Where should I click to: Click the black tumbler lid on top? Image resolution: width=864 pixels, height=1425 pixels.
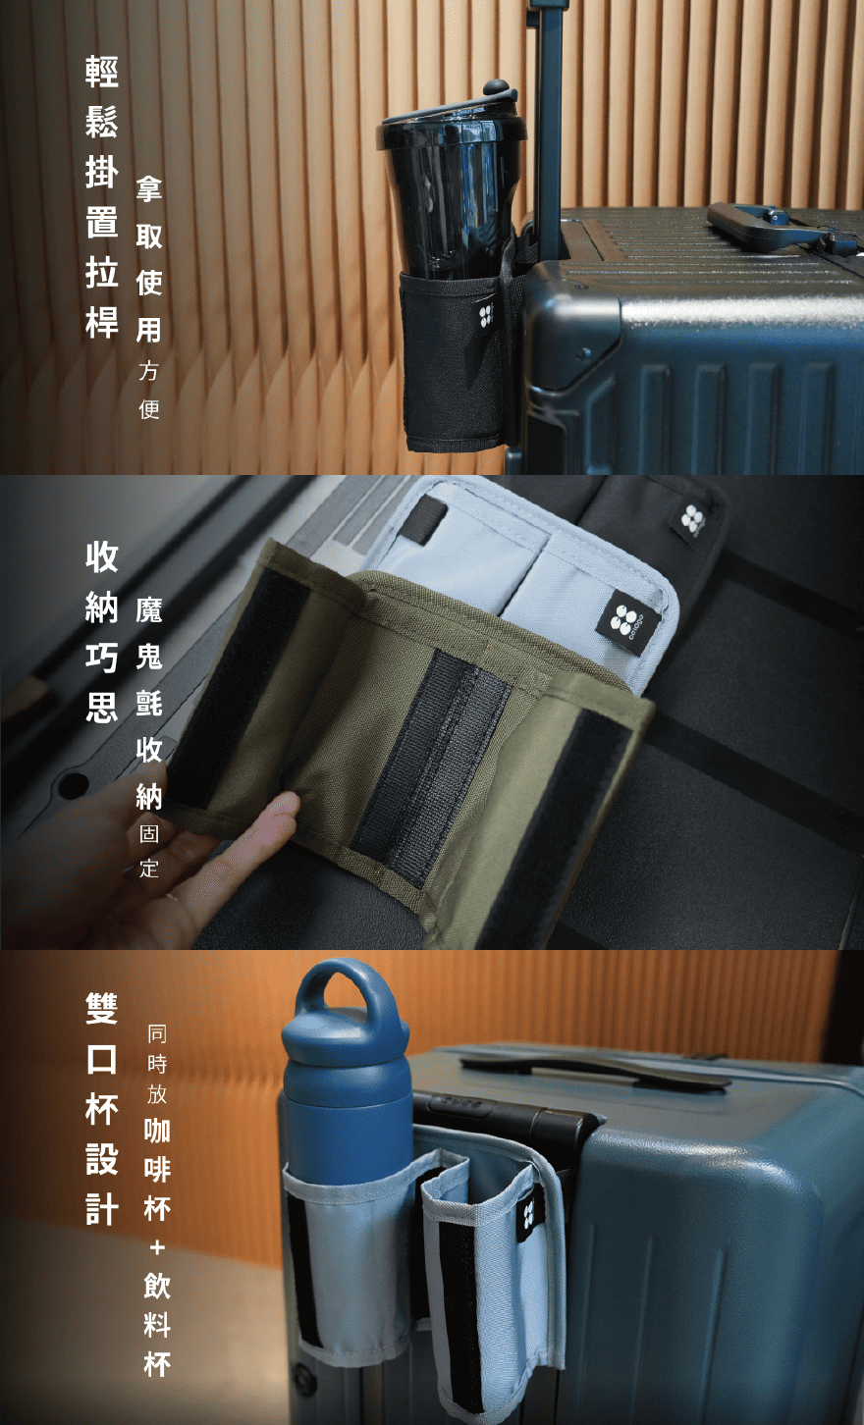[x=451, y=118]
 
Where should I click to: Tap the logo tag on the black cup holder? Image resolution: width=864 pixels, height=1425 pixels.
[x=487, y=315]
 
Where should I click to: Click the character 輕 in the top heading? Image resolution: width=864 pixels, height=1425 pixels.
[x=102, y=71]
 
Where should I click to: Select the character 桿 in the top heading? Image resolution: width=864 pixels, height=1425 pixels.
[x=102, y=323]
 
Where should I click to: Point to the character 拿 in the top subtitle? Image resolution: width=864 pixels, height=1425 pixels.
[x=149, y=189]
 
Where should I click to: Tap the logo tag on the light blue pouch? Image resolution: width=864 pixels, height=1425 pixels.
[x=626, y=621]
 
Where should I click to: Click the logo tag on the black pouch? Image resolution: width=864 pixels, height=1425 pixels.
[x=693, y=518]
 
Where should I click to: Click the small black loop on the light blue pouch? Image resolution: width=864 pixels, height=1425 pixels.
[x=424, y=519]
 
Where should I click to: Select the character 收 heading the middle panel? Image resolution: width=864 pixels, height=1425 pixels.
[x=102, y=556]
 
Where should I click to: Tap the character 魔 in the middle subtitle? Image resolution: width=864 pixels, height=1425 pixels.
[x=149, y=610]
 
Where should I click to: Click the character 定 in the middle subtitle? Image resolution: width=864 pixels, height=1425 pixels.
[x=149, y=868]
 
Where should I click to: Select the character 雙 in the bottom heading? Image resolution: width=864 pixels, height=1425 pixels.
[x=102, y=1009]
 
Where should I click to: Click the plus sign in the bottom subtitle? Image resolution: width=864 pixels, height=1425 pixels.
[x=157, y=1247]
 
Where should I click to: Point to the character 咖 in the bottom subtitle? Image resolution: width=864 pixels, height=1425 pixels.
[x=157, y=1131]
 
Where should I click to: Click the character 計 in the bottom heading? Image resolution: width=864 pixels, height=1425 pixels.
[x=102, y=1210]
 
